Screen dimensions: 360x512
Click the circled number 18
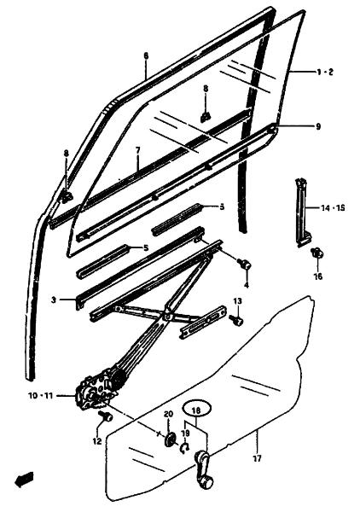[x=197, y=410]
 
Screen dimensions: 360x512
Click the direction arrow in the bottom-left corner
[x=24, y=480]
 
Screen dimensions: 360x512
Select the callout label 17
[x=257, y=459]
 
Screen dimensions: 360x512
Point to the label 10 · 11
[x=40, y=396]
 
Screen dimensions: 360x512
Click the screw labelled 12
[x=106, y=416]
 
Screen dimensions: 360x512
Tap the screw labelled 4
[x=245, y=264]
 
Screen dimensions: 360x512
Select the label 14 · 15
[x=330, y=207]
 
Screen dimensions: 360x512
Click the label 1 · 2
[x=325, y=73]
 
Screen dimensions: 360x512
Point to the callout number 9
[x=318, y=126]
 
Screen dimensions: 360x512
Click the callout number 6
[x=146, y=55]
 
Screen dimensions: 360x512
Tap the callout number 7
[x=137, y=150]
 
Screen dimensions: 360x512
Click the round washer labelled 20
[x=170, y=439]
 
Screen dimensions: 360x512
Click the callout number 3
[x=55, y=300]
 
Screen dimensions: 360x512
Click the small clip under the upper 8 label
[x=206, y=117]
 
